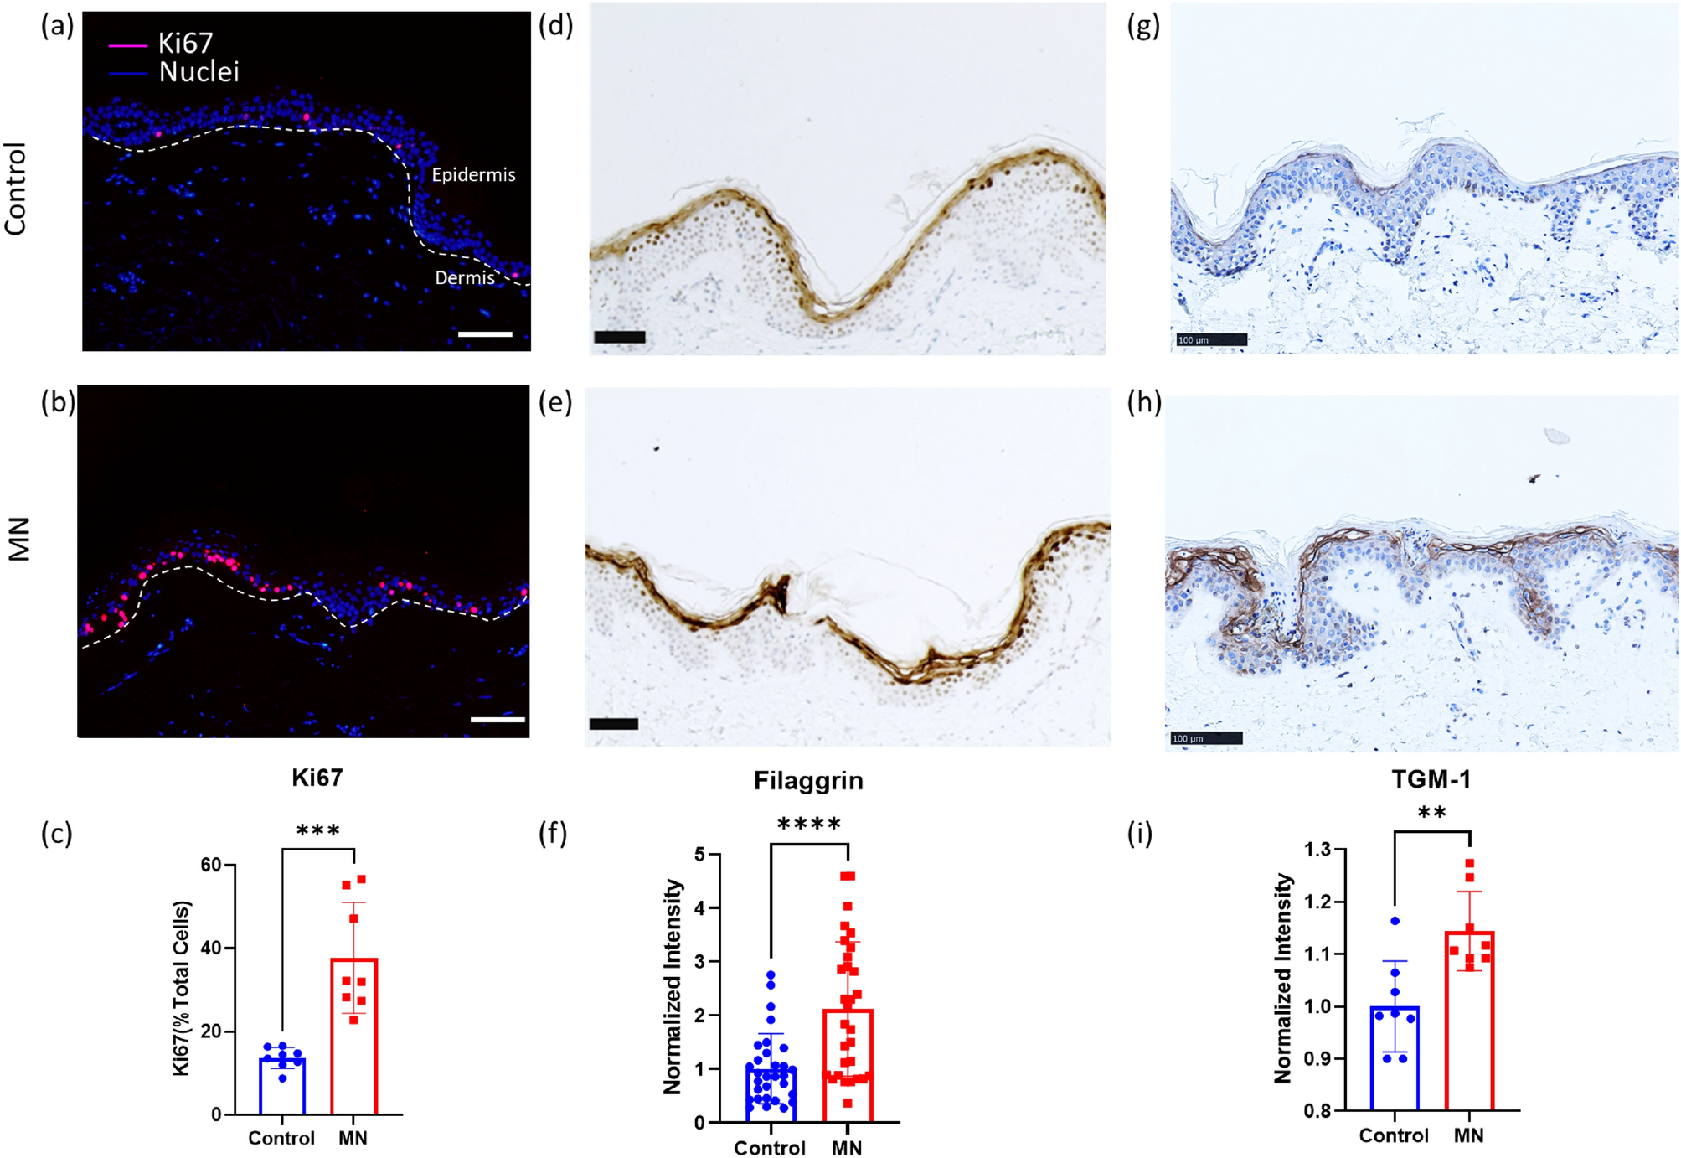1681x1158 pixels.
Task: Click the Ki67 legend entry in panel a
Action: [185, 43]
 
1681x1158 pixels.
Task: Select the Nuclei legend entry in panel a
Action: [199, 72]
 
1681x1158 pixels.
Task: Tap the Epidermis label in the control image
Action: [473, 175]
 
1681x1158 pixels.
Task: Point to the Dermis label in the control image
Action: [464, 277]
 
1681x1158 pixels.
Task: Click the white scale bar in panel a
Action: [485, 334]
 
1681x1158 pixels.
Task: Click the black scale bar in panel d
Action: [619, 337]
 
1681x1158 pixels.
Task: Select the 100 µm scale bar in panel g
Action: [1211, 339]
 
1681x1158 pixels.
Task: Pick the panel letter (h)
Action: [1144, 403]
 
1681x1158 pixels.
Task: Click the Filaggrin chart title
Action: [807, 781]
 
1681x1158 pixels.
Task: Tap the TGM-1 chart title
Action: [1431, 780]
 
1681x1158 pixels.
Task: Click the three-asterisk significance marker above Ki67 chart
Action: [318, 831]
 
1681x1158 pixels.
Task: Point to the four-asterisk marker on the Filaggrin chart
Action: [808, 825]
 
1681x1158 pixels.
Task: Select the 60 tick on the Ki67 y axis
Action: [210, 865]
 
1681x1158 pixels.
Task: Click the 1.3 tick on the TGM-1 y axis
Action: [1317, 850]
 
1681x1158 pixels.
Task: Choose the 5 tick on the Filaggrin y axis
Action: [700, 855]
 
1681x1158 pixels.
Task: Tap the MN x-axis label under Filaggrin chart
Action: [846, 1147]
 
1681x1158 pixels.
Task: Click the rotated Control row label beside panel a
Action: [16, 189]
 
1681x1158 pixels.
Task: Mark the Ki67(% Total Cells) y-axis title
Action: [182, 989]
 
